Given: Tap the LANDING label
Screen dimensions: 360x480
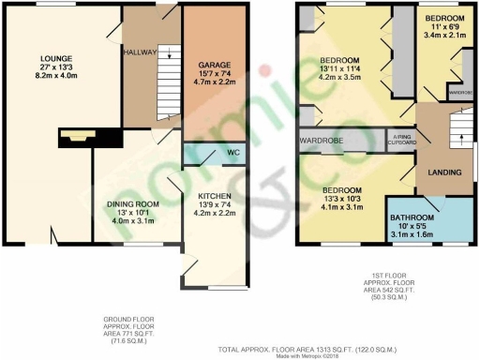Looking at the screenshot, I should pyautogui.click(x=445, y=172).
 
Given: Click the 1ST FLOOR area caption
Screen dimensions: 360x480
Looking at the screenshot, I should pyautogui.click(x=388, y=284).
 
